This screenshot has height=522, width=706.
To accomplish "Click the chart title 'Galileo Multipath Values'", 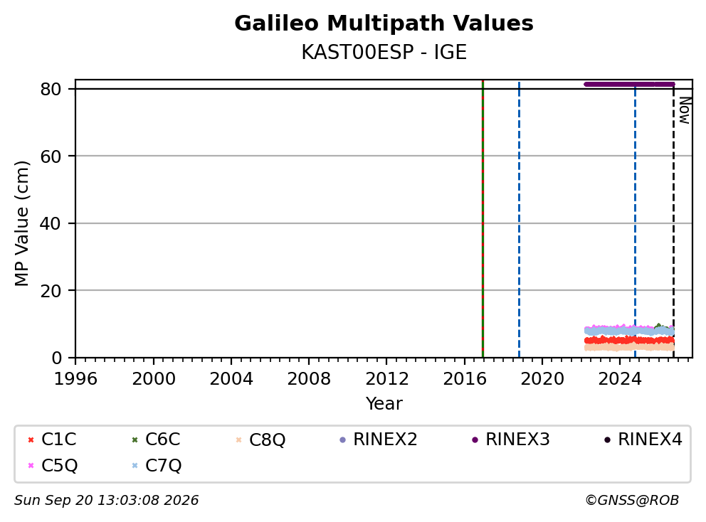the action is (384, 23).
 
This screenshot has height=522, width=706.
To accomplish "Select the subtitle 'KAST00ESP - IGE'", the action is (384, 52).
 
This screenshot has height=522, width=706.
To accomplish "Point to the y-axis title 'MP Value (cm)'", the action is (21, 223).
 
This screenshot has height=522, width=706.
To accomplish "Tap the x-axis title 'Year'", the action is (384, 404).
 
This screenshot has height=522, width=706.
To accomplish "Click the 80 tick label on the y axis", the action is (51, 89).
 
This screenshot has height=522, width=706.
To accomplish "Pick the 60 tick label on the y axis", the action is (51, 156).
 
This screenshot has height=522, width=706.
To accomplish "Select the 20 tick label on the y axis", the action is (51, 291).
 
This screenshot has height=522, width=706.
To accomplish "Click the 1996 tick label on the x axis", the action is (75, 379).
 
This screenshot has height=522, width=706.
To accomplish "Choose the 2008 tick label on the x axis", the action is (309, 379).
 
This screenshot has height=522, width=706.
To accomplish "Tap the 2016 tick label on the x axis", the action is (464, 379).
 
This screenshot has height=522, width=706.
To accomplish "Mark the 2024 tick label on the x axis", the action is (620, 379).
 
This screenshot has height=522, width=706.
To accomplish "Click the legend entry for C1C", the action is (52, 440).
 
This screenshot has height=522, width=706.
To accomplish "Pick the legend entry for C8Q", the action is (260, 440).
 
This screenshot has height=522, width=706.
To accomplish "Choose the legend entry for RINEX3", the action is (510, 440).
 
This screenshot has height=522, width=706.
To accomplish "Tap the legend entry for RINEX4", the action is (643, 440).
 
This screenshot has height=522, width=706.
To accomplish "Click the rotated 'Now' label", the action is (685, 110).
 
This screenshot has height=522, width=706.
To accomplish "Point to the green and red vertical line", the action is (483, 219).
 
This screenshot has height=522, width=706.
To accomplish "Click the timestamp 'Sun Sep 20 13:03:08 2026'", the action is (106, 501).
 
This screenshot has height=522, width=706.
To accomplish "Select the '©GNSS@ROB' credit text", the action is (632, 501).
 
